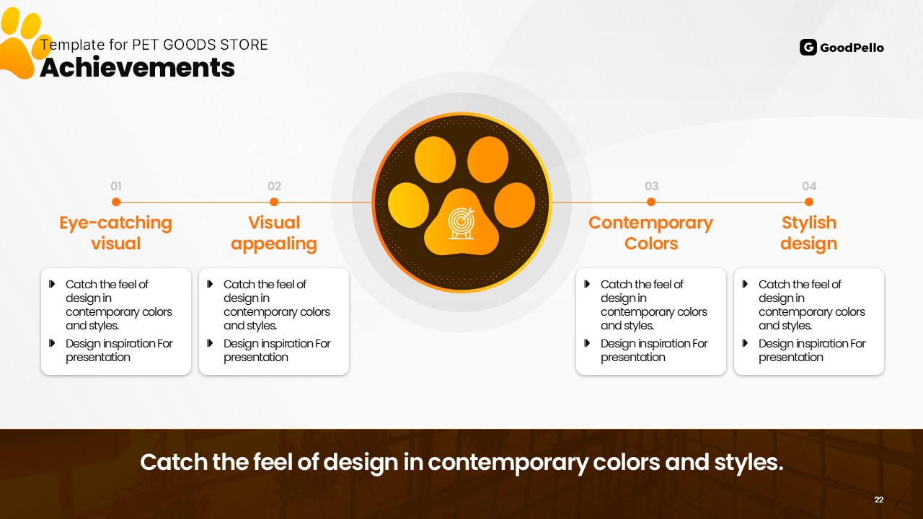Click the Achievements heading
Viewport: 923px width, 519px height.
(x=137, y=68)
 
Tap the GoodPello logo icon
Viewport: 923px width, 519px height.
(x=808, y=48)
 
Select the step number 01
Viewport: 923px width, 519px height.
(x=116, y=186)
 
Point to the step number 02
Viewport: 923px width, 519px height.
(x=274, y=186)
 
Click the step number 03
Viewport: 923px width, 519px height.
(x=651, y=186)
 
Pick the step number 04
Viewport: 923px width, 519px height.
(x=809, y=186)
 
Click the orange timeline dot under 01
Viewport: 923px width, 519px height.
(x=116, y=202)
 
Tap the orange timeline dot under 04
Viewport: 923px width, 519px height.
(x=809, y=202)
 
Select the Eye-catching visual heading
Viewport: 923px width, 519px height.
(x=116, y=233)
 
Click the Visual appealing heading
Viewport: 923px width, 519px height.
(x=274, y=233)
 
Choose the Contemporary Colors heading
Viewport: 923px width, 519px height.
(x=650, y=233)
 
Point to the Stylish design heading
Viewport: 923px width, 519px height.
(x=809, y=233)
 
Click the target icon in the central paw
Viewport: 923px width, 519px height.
(x=461, y=223)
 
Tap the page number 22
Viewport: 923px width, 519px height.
(x=879, y=500)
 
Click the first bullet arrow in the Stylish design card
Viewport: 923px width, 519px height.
(x=745, y=284)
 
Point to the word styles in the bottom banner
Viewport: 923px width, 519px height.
(x=748, y=462)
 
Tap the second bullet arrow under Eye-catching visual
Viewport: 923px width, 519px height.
(x=52, y=343)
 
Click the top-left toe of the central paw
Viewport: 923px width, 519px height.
(x=435, y=159)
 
